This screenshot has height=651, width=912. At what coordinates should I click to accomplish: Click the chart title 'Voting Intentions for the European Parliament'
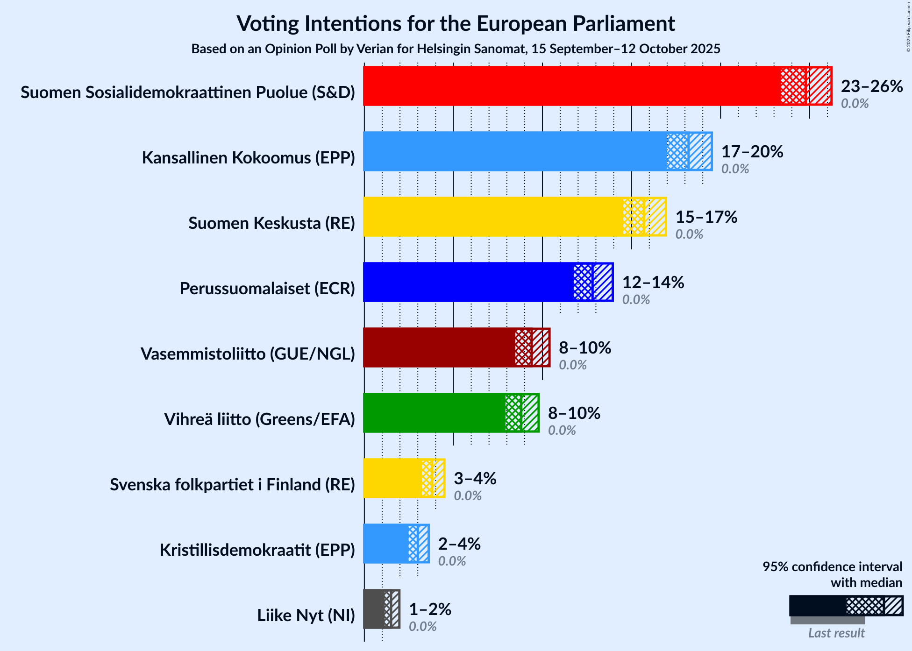click(456, 23)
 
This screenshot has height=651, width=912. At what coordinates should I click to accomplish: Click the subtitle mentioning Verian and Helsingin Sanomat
click(456, 49)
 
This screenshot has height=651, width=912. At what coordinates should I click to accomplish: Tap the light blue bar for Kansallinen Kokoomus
click(514, 151)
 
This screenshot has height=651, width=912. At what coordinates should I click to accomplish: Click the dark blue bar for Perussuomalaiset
click(467, 282)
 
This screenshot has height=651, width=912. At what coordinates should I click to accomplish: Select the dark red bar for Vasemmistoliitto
click(439, 347)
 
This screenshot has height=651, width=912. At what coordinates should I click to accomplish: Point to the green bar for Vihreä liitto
click(435, 413)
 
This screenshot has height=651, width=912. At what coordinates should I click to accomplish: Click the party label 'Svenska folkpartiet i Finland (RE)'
click(232, 485)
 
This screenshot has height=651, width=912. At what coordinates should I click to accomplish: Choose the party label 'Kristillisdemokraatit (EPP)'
click(257, 550)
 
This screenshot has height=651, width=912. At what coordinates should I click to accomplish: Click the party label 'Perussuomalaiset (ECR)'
click(267, 289)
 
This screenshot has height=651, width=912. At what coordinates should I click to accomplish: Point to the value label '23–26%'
click(872, 86)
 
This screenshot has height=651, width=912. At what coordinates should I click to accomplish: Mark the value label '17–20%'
click(752, 152)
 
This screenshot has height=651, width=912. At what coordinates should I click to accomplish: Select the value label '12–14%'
click(653, 283)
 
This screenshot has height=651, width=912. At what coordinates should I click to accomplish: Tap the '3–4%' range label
click(475, 479)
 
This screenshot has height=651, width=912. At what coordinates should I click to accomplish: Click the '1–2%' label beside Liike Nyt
click(430, 609)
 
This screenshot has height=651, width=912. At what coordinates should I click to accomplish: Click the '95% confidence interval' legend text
click(832, 567)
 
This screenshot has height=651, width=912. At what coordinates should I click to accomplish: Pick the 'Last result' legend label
click(836, 633)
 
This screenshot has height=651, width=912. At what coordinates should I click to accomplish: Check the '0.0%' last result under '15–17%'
click(689, 234)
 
